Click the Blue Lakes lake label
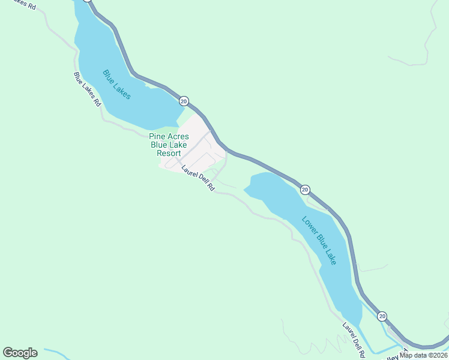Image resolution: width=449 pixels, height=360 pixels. click(x=116, y=85)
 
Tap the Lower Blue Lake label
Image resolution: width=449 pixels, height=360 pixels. click(x=319, y=240)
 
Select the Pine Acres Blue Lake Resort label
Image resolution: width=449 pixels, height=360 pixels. click(x=169, y=145)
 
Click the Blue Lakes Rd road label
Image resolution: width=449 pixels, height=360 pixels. click(x=87, y=89)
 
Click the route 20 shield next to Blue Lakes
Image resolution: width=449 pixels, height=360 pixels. click(x=184, y=101)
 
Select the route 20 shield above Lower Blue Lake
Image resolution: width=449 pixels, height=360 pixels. click(x=305, y=190)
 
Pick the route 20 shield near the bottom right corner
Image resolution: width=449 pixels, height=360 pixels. click(x=382, y=316)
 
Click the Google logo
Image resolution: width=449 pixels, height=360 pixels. click(x=20, y=353)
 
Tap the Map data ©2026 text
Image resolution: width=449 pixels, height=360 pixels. click(x=424, y=355)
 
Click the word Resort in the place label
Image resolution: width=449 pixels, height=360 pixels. click(x=169, y=153)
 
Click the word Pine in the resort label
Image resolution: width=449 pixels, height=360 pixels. click(x=157, y=136)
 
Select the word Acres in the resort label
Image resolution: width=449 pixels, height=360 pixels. click(x=178, y=136)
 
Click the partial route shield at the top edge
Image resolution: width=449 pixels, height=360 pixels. click(x=88, y=1)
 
